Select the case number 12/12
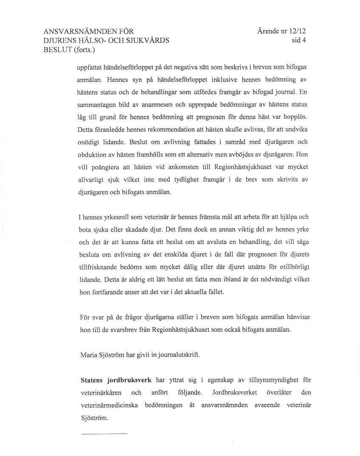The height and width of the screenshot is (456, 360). [297, 31]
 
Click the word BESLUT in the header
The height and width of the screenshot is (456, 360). [58, 50]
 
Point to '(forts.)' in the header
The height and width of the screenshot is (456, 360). [84, 50]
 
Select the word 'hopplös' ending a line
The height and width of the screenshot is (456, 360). [295, 117]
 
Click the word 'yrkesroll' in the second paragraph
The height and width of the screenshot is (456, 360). [115, 217]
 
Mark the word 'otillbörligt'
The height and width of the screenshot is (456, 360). [291, 267]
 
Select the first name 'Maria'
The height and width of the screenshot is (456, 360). [89, 355]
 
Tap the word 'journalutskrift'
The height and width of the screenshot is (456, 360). [178, 355]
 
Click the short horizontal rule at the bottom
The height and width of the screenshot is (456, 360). [104, 434]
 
